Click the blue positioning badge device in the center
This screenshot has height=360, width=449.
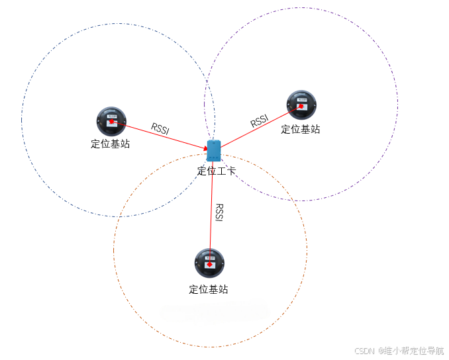pos(213,151)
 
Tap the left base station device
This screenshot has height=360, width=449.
pos(111,120)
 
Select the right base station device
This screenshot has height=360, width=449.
pos(301,105)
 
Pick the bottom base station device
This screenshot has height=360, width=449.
pos(209,263)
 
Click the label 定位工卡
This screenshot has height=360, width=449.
pos(217,171)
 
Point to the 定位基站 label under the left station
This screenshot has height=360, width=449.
pos(111,144)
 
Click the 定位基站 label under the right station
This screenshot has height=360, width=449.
pos(301,129)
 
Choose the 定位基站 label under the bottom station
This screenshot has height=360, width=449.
pos(209,289)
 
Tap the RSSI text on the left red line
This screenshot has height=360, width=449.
pos(160,128)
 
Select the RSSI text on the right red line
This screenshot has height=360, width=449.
pos(260,121)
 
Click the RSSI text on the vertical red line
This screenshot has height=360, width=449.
pos(219,212)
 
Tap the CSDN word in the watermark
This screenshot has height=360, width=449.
pos(365,351)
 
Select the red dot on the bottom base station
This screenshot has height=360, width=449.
pos(210,264)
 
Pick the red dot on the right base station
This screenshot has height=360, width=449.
pos(301,106)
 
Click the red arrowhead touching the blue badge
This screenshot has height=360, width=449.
pos(205,148)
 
